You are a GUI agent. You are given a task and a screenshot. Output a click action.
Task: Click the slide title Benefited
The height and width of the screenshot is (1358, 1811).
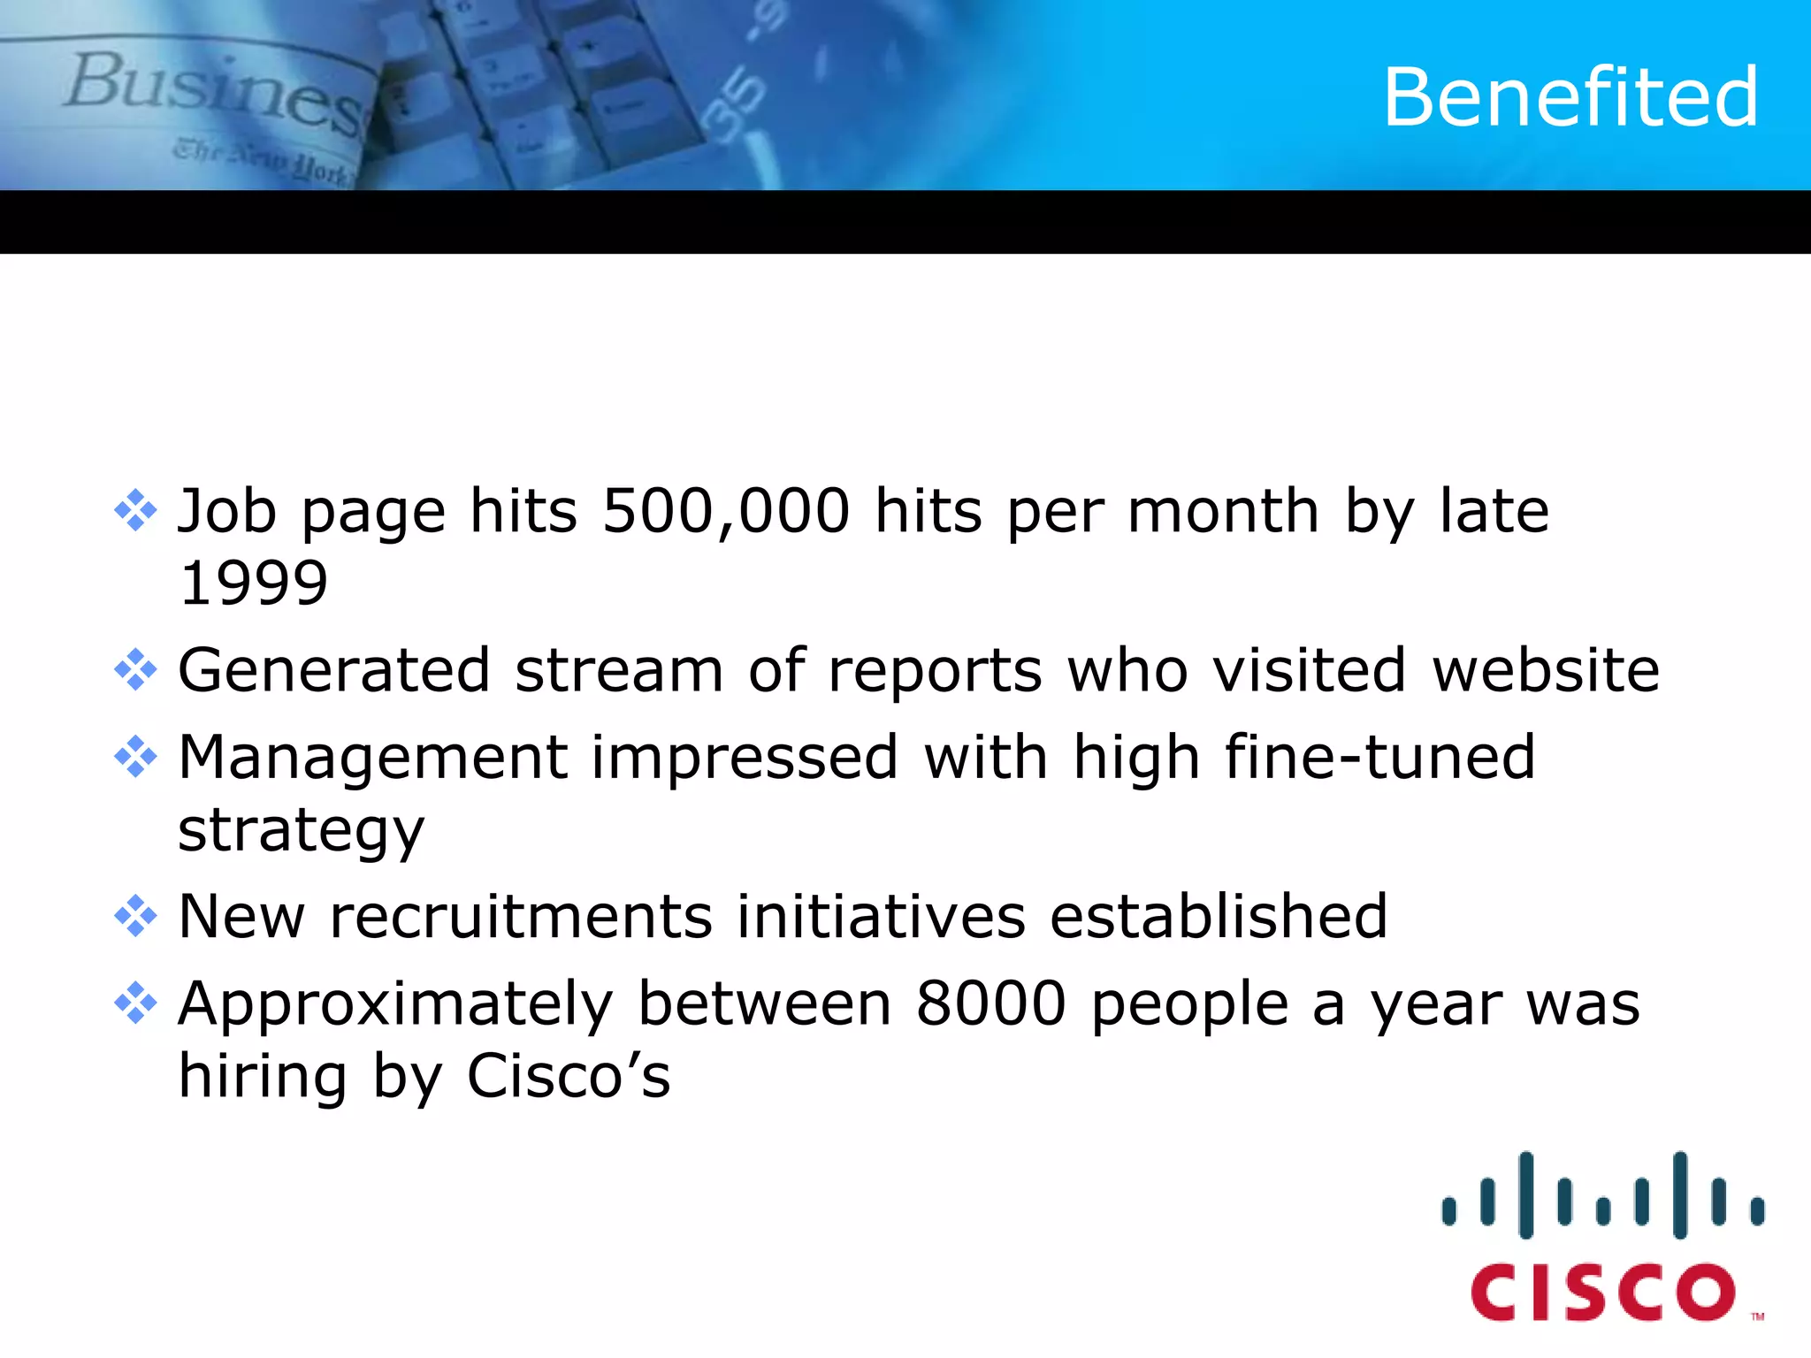coord(1570,97)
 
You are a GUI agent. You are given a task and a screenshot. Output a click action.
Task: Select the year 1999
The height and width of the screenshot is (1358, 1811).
coord(253,584)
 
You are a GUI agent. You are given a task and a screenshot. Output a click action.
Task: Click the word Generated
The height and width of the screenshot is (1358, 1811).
coord(334,670)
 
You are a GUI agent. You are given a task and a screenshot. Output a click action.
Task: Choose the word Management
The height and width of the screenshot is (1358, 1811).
coord(372,759)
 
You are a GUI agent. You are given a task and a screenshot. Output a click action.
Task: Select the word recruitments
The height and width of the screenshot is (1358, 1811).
coord(521,916)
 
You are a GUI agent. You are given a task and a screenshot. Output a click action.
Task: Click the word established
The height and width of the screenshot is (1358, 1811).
coord(1219,916)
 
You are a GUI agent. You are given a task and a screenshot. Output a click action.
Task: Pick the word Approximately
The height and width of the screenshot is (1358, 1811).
coord(395,1006)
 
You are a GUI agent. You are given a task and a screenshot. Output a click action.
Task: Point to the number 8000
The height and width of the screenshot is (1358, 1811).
coord(990,1004)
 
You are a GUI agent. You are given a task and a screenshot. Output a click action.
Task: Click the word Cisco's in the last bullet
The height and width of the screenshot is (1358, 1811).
coord(569,1077)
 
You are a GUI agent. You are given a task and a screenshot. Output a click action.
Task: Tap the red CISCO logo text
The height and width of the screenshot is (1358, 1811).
coord(1602,1293)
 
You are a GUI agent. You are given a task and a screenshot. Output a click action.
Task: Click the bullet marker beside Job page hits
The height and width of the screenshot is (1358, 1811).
coord(135,511)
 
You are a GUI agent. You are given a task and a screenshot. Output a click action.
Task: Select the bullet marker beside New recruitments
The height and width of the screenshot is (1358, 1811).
coord(135,916)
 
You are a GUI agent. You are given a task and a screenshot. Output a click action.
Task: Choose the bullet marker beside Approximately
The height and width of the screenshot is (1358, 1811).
coord(135,1003)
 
